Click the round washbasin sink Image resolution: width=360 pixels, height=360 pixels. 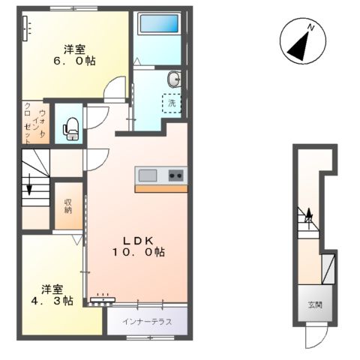point(175,77)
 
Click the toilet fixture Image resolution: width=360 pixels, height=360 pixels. point(71,130)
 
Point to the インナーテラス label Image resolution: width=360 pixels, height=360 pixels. point(146,322)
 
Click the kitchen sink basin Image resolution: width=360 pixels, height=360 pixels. point(148,175)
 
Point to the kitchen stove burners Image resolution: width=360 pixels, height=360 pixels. point(177,175)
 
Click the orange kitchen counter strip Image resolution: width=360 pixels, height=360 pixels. point(161,188)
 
